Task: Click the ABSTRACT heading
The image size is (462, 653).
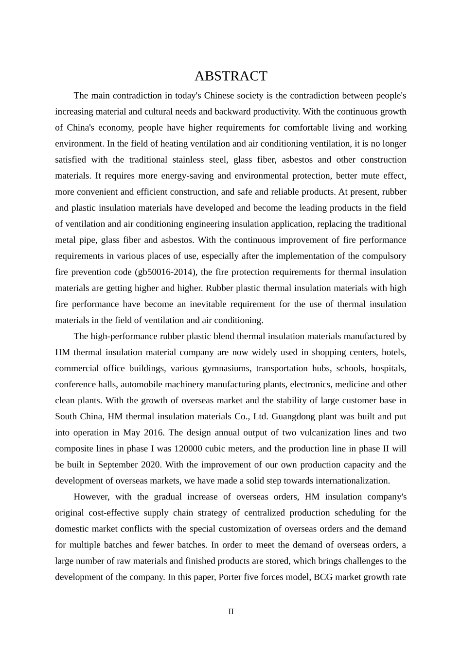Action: click(231, 76)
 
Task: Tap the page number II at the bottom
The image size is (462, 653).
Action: click(231, 612)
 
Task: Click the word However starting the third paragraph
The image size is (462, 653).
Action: click(92, 497)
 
